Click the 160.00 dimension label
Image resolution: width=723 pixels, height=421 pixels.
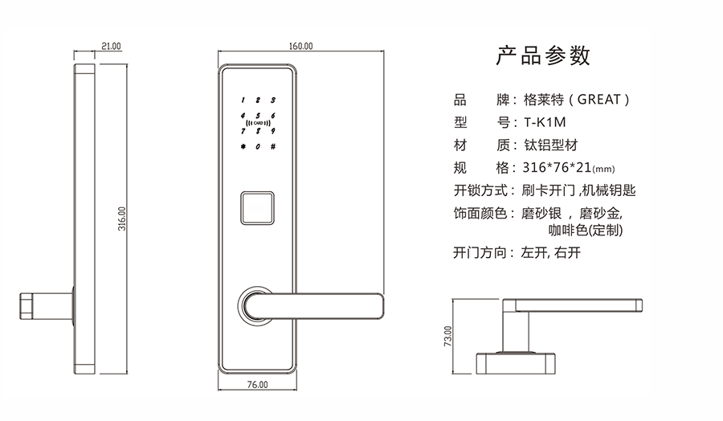click(300, 46)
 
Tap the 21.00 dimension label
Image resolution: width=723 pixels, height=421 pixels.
click(111, 47)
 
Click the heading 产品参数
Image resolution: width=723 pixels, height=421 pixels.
click(543, 56)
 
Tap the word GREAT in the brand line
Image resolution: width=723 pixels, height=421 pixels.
click(598, 100)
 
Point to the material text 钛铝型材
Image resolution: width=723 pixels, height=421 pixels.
click(550, 145)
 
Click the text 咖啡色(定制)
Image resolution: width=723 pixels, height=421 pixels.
click(586, 230)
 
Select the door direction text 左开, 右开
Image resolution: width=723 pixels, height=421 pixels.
click(550, 252)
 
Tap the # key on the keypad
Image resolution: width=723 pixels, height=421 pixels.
click(273, 147)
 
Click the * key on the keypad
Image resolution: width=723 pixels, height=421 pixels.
click(240, 147)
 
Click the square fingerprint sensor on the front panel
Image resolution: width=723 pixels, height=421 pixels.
click(257, 208)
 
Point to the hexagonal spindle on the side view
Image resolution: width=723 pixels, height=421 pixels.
click(26, 306)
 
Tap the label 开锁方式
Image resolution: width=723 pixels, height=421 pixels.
click(480, 190)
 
